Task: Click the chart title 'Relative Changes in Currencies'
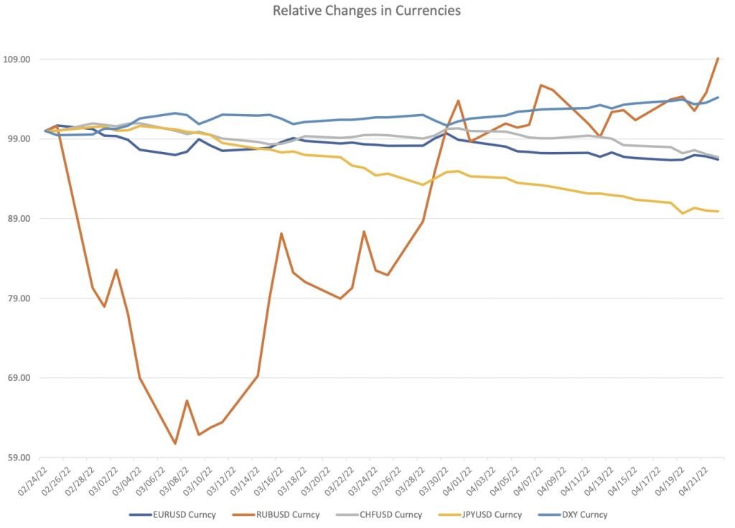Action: point(367,11)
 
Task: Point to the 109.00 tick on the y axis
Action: point(19,59)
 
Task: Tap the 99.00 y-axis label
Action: point(19,138)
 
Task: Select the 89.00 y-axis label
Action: point(19,219)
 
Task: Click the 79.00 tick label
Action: point(19,298)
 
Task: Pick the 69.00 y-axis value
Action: point(19,378)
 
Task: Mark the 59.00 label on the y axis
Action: point(19,458)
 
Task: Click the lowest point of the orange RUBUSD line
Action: point(175,443)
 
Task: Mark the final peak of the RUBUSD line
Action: point(718,59)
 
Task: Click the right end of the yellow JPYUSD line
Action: point(718,211)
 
